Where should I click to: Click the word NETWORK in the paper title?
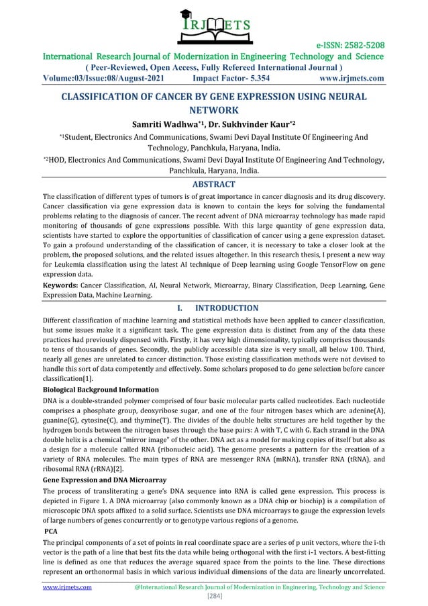213,109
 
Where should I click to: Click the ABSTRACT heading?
214,184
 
